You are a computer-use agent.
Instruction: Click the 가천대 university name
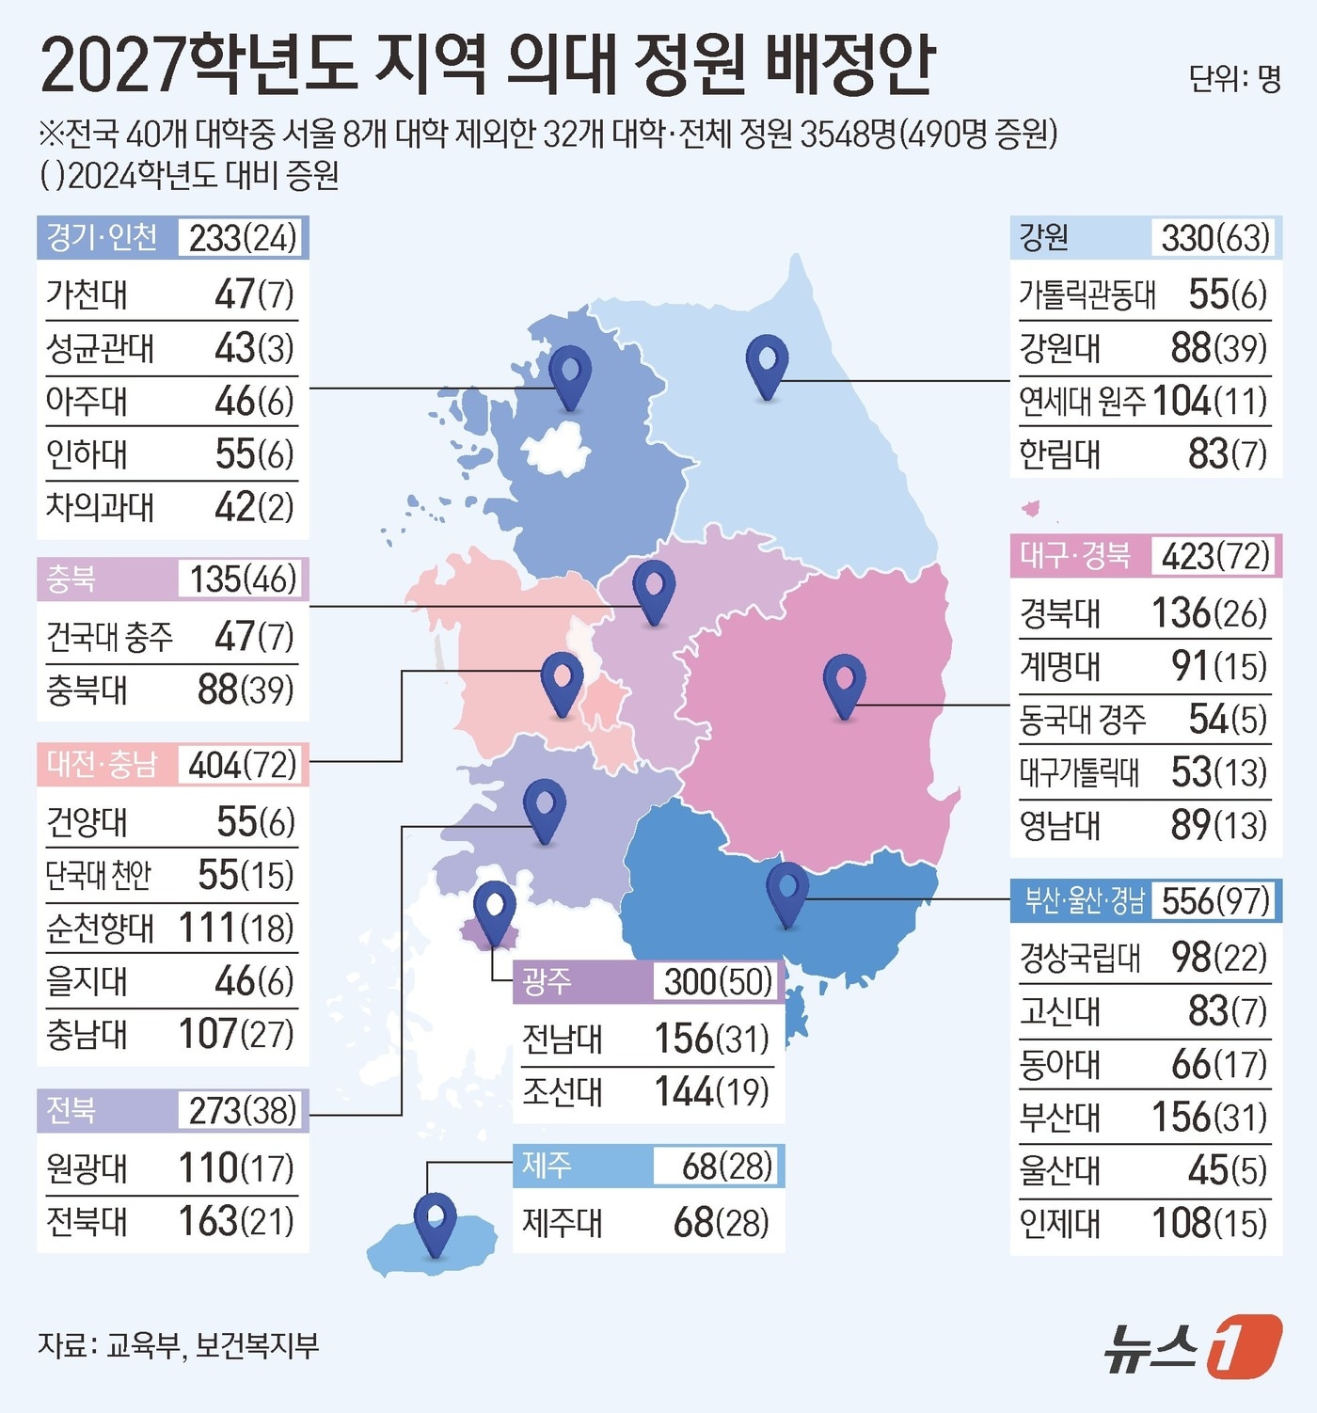87,294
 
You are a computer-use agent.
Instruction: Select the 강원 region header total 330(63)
1214,238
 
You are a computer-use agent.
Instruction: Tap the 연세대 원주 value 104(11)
1209,402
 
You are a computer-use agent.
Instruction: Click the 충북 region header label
71,579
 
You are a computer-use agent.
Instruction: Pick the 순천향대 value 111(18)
236,929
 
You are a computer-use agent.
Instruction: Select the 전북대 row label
87,1222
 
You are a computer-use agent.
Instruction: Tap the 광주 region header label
547,981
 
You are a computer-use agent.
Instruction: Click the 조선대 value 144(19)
711,1092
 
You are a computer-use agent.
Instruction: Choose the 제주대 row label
563,1223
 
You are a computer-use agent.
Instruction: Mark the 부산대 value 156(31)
1209,1118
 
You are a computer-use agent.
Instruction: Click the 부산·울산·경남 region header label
1084,901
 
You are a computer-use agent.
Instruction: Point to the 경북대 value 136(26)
1209,613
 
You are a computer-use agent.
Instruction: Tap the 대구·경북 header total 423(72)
1214,556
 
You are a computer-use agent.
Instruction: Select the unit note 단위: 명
1233,79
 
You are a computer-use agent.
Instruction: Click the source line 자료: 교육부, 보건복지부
179,1345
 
